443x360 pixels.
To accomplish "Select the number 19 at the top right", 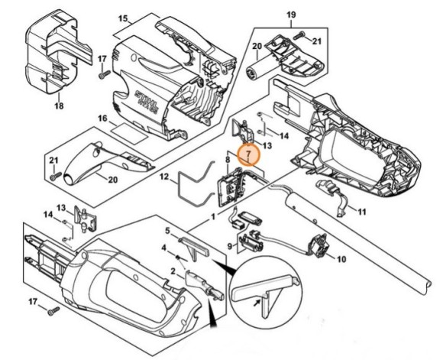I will [x=289, y=15].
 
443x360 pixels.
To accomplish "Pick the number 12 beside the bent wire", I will [x=163, y=177].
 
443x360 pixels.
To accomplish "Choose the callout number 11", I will [x=361, y=210].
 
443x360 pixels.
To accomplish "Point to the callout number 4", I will [x=163, y=248].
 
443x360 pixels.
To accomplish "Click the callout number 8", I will [x=228, y=160].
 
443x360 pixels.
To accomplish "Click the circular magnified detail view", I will [x=264, y=291].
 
